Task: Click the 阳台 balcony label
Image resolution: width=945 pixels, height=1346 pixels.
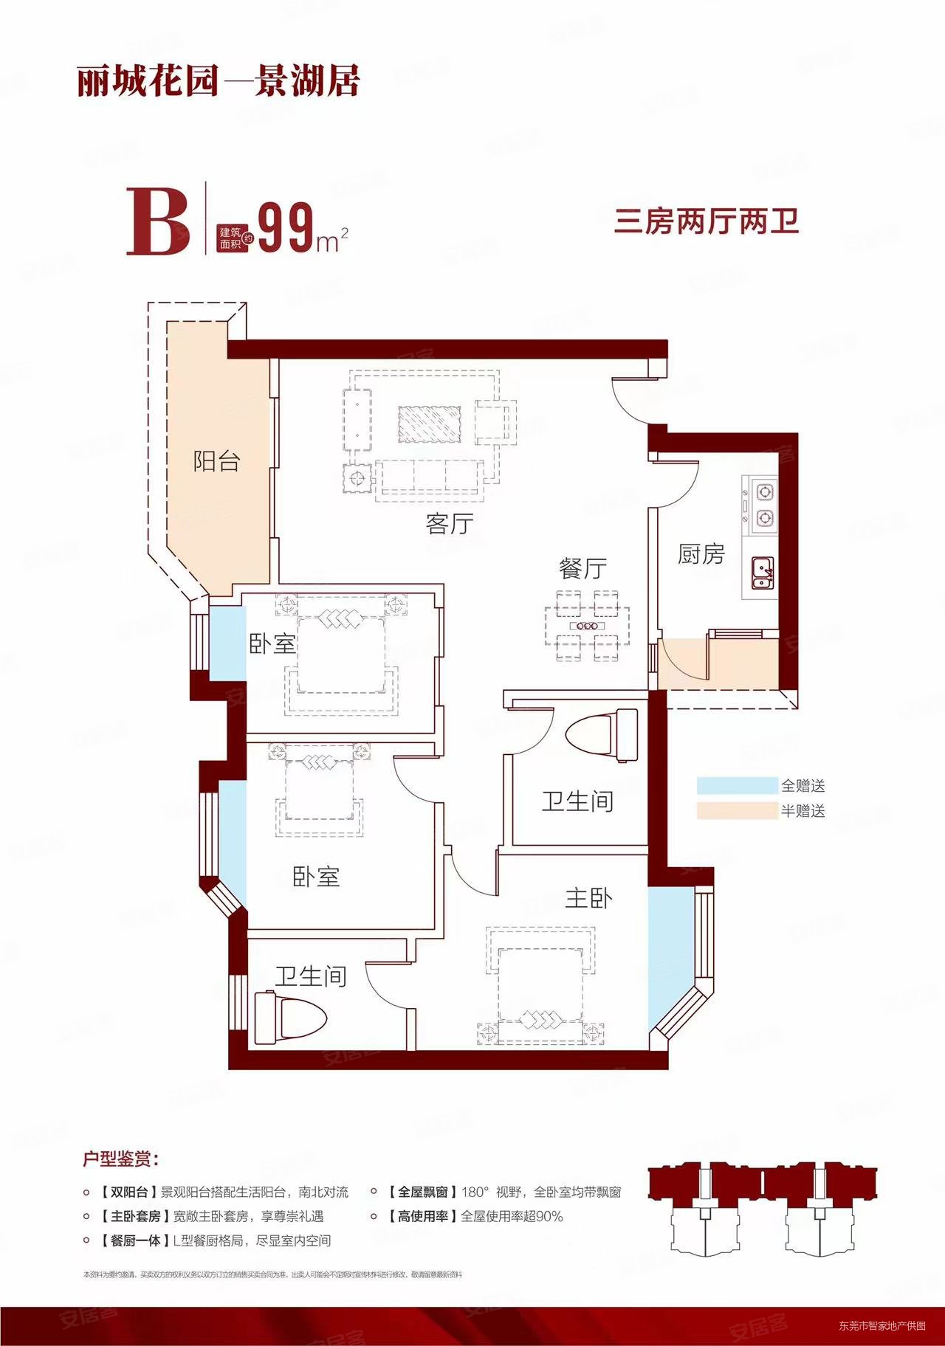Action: point(216,462)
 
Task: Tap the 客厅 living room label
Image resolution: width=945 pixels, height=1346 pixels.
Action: point(449,524)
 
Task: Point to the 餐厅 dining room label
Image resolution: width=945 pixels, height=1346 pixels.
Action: point(583,568)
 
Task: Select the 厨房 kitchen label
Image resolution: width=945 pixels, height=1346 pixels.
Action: point(701,554)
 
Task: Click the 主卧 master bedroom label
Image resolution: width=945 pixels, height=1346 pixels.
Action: point(588,898)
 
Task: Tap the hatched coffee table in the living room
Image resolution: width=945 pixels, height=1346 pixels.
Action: point(430,424)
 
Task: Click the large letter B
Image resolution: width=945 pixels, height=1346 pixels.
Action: point(158,222)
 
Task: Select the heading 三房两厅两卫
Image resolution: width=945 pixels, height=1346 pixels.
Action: point(707,221)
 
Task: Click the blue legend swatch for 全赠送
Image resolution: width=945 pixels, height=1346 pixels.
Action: point(737,786)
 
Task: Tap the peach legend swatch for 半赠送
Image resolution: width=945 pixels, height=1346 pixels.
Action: point(737,811)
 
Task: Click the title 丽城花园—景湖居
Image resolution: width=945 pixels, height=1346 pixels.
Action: point(219,81)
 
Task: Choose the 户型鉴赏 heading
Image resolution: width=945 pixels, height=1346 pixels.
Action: point(121,1159)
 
